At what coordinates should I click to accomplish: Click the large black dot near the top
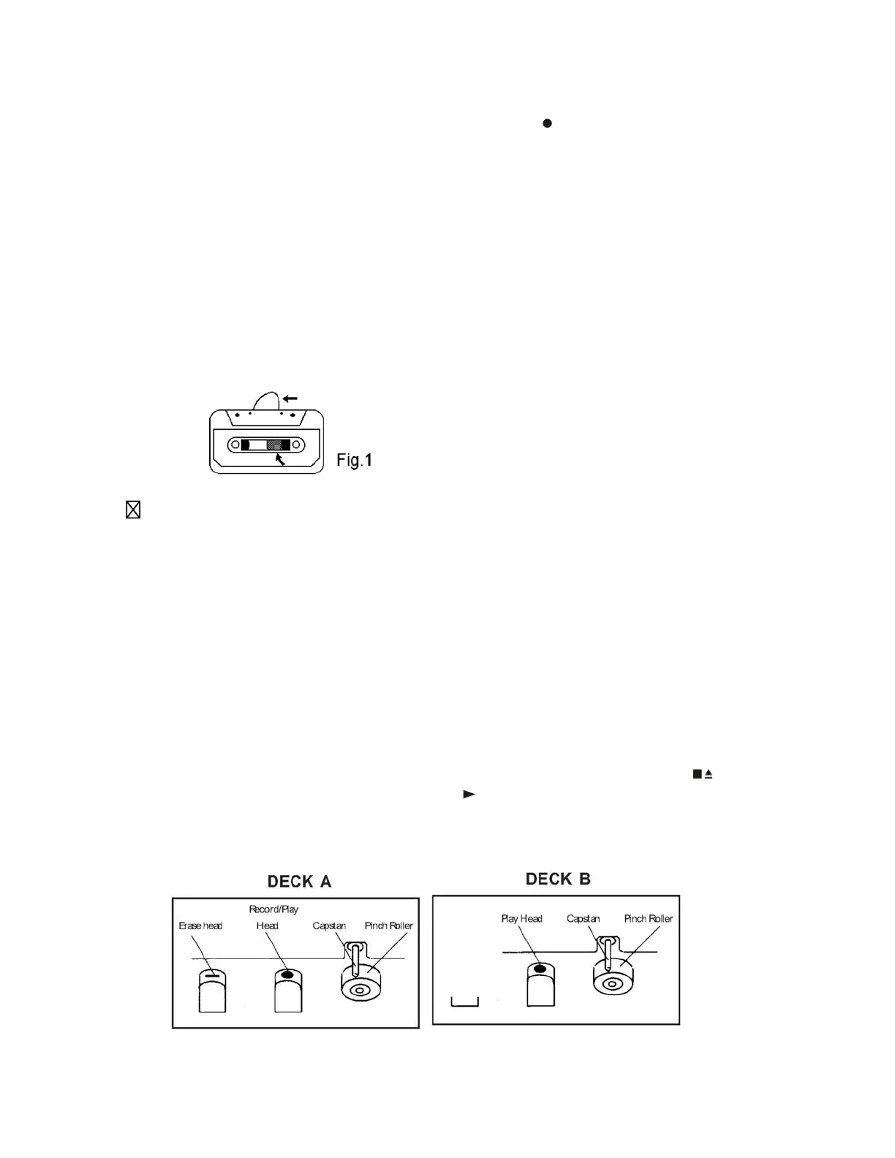point(547,124)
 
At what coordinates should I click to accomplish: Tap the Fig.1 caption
point(355,460)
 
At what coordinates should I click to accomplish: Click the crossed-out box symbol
point(133,510)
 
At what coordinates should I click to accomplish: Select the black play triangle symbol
point(469,794)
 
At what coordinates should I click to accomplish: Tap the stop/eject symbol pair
point(703,773)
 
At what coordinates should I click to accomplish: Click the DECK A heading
point(299,882)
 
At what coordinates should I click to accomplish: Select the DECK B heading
point(558,879)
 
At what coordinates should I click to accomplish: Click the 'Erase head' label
point(200,926)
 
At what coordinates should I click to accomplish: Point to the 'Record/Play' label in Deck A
point(273,909)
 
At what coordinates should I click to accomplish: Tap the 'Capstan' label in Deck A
point(329,926)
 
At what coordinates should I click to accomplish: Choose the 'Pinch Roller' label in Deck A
point(388,926)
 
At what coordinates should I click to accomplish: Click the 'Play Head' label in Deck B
point(521,918)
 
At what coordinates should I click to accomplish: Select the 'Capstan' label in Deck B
point(583,918)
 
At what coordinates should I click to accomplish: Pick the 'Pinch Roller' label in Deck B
point(648,918)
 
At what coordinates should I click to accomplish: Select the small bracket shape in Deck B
point(464,1001)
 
